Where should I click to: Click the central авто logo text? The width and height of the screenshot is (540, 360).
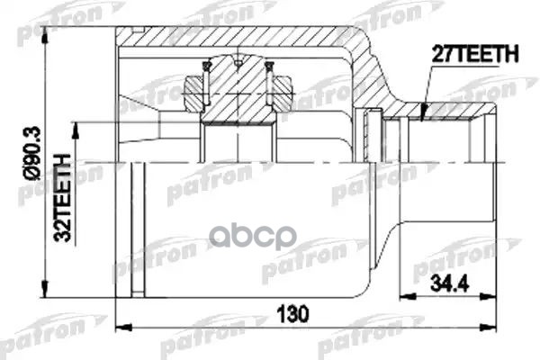coord(253,237)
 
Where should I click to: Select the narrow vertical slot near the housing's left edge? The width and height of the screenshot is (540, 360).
coord(138,229)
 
